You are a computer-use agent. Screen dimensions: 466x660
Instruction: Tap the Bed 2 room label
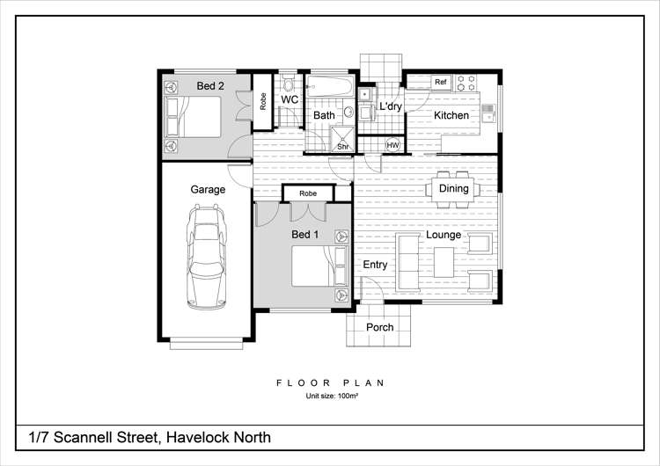(210, 86)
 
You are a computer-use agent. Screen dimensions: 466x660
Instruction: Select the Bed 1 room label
(305, 235)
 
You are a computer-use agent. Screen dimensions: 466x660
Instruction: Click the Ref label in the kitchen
(441, 82)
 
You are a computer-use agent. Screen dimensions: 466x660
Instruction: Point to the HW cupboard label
(392, 145)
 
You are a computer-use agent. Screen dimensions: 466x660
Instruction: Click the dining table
(453, 188)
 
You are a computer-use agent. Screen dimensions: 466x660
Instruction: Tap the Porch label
(380, 327)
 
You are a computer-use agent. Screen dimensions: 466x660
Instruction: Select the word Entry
(375, 265)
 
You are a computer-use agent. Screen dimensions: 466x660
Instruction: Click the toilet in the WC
(288, 85)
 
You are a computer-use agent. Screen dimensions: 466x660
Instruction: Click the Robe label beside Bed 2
(263, 100)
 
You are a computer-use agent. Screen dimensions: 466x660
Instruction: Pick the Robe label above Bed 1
(308, 193)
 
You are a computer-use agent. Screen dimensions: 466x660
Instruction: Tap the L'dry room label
(390, 107)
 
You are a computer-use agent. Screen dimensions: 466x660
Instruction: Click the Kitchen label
(451, 115)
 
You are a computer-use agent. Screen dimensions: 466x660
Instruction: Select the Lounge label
(444, 235)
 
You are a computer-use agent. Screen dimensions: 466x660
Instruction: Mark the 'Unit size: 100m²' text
(331, 397)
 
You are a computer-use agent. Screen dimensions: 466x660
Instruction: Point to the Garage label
(208, 189)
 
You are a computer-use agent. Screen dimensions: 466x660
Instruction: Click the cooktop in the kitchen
(468, 83)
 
